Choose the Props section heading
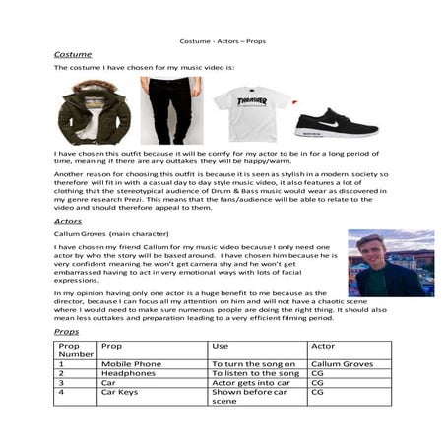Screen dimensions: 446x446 click(67, 333)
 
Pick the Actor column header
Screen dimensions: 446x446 click(322, 347)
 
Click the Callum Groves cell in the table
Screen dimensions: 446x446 click(340, 364)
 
